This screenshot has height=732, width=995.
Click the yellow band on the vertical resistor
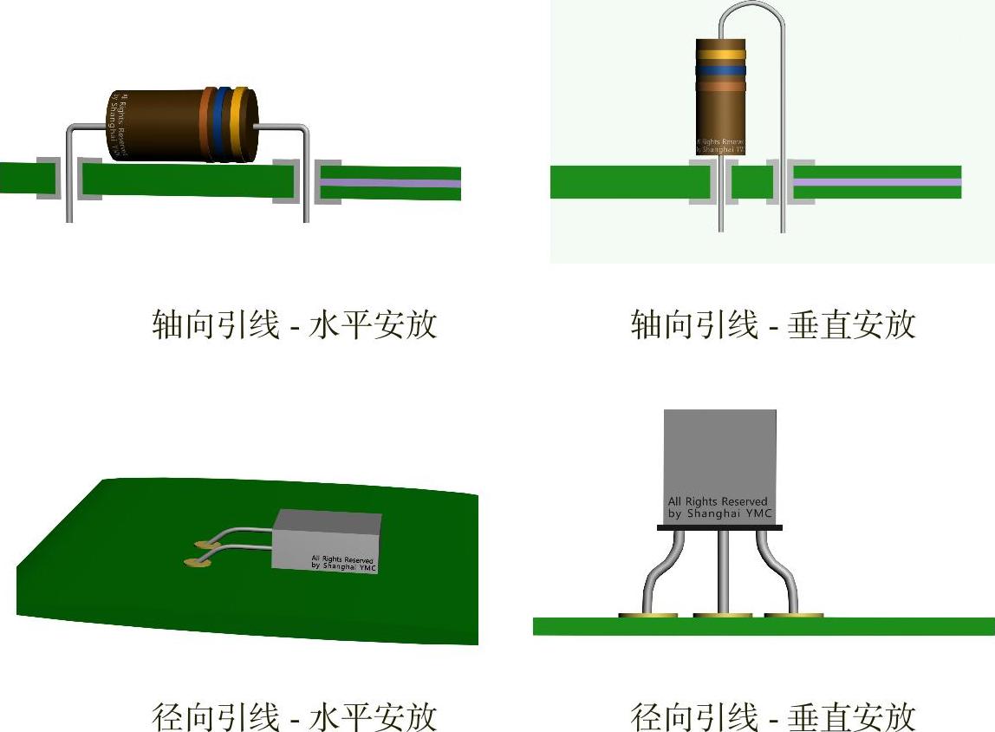pyautogui.click(x=720, y=54)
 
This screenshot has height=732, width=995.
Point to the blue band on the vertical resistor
pyautogui.click(x=720, y=70)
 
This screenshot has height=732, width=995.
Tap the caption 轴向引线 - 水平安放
pyautogui.click(x=294, y=325)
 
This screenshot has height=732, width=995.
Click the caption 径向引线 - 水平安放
pyautogui.click(x=294, y=717)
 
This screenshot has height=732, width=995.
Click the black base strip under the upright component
pyautogui.click(x=719, y=526)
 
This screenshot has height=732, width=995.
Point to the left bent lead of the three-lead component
pyautogui.click(x=659, y=572)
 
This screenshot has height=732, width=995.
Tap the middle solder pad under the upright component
pyautogui.click(x=723, y=616)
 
